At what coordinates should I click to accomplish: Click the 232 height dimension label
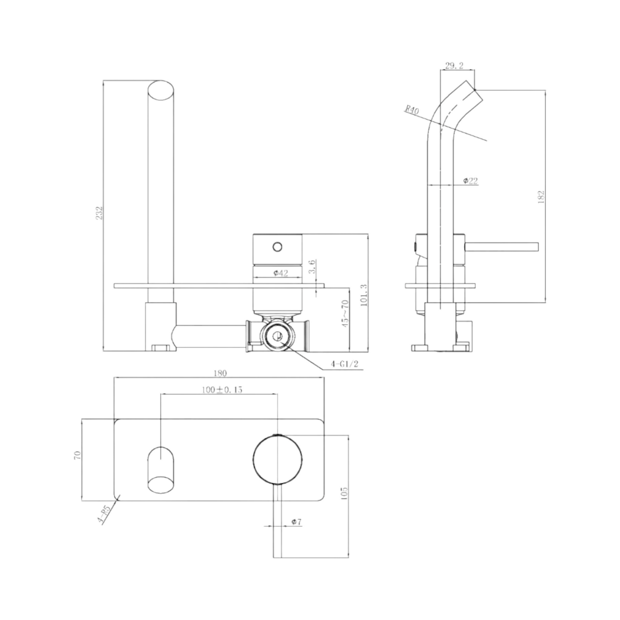(100, 213)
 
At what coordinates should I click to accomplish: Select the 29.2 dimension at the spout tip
(454, 66)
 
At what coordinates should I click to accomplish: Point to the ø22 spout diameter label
(470, 181)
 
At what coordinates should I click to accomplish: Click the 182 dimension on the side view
(541, 197)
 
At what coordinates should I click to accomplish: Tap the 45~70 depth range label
(346, 315)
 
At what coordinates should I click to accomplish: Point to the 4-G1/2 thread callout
(344, 364)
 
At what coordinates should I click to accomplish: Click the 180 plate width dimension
(219, 373)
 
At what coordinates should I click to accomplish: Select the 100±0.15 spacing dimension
(222, 390)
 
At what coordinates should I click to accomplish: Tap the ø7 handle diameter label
(296, 522)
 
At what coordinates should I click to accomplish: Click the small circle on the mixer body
(278, 247)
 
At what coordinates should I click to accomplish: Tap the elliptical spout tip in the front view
(161, 91)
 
